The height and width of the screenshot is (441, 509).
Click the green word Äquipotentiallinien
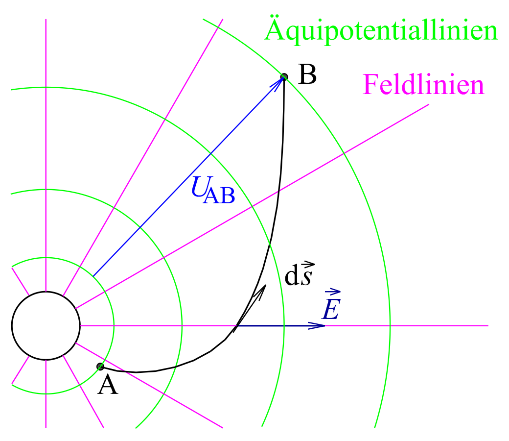click(x=381, y=29)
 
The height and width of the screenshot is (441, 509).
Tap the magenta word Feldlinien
click(x=423, y=84)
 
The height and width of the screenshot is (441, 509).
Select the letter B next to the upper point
click(x=307, y=74)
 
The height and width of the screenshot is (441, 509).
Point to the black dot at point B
click(x=284, y=77)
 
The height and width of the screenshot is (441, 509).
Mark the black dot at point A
click(x=101, y=367)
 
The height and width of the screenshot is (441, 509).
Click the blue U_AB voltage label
click(x=213, y=190)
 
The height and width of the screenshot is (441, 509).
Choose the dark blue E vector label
click(x=331, y=304)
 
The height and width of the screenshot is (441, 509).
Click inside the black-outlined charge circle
click(x=46, y=325)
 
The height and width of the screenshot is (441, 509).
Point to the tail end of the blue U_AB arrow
click(x=93, y=276)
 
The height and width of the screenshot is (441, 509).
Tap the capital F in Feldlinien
click(x=370, y=84)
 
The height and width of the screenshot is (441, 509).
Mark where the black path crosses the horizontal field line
click(x=237, y=325)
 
